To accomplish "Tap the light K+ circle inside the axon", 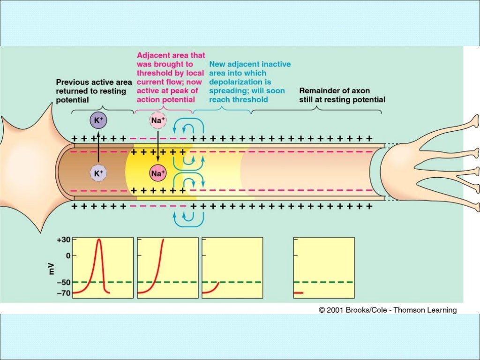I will click(x=98, y=173).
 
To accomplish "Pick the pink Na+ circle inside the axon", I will click(x=158, y=173).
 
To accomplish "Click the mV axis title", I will click(x=51, y=269).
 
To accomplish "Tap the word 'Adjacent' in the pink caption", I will click(x=153, y=55).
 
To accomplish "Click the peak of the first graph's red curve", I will click(x=99, y=240).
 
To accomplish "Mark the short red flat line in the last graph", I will click(x=299, y=293).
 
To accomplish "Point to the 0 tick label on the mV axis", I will click(x=68, y=256).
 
